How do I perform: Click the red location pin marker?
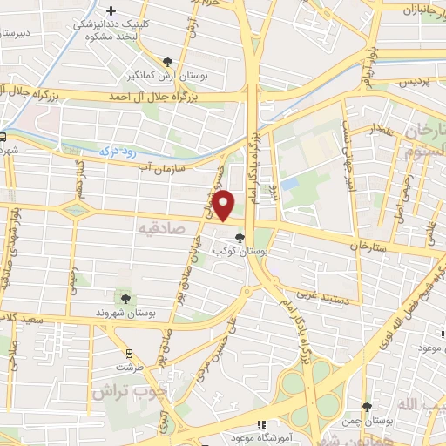point(224,204)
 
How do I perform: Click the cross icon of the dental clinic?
point(110,9)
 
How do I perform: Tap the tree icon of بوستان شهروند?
point(126,299)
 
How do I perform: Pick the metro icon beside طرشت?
point(130,354)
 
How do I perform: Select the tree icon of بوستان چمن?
point(367,408)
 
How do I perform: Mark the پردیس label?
point(416,82)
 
